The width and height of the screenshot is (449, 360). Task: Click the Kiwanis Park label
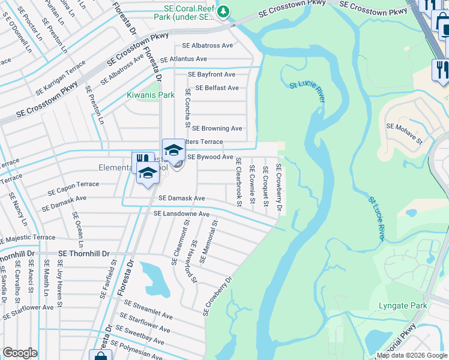(151, 95)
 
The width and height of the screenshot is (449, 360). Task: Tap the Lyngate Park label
(403, 306)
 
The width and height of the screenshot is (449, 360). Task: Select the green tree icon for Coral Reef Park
(223, 11)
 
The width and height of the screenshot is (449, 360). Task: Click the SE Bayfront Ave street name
(211, 74)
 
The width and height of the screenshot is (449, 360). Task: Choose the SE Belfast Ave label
(213, 88)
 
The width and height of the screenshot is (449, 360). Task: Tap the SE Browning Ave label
(217, 128)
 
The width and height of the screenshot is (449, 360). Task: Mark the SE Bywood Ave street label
(210, 157)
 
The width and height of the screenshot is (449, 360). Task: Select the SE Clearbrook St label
(238, 182)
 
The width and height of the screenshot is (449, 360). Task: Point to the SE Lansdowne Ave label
(181, 214)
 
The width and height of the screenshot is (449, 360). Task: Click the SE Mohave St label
(405, 127)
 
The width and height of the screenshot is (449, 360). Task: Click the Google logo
(20, 353)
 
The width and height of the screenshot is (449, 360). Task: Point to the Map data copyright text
(411, 355)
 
